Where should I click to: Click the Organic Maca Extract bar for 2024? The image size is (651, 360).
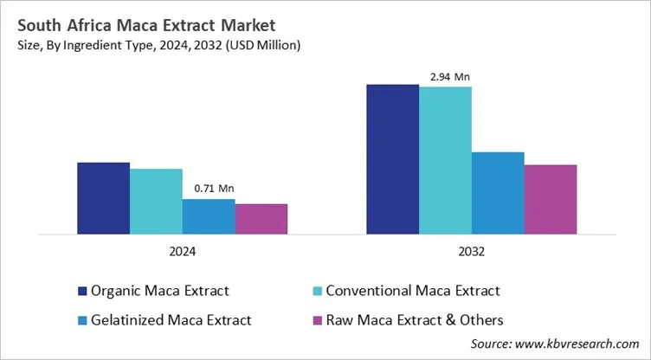point(104,198)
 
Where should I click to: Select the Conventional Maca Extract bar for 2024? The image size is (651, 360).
point(157,202)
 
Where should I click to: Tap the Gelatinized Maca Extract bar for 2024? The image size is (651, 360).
point(209,216)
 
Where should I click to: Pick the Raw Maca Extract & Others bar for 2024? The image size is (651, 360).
point(261,219)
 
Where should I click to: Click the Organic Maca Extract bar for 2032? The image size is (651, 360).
point(393,159)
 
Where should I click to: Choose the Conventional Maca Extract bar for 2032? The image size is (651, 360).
point(445,160)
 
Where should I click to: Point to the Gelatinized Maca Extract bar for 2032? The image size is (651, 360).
point(498,193)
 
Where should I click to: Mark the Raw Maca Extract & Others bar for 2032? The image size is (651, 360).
point(551,199)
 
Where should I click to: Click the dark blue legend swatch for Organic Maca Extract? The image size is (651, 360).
point(82,291)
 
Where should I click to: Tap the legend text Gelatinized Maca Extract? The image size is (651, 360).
point(171,319)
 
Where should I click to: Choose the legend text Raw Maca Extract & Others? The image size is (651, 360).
point(414,319)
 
